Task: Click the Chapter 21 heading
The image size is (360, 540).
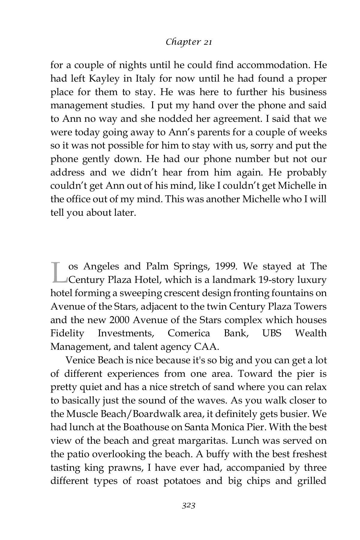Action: (189, 42)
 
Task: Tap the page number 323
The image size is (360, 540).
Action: (189, 505)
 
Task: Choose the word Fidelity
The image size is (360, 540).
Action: (67, 333)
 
